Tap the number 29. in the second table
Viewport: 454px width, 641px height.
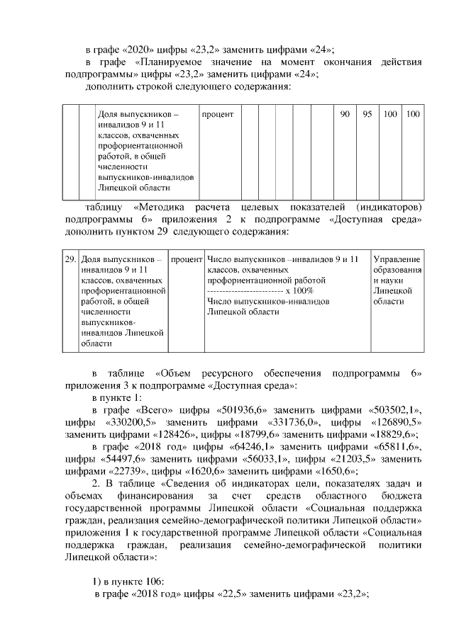[x=70, y=259]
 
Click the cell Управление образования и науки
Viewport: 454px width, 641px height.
[x=397, y=280]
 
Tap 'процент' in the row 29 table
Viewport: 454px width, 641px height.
[x=187, y=259]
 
